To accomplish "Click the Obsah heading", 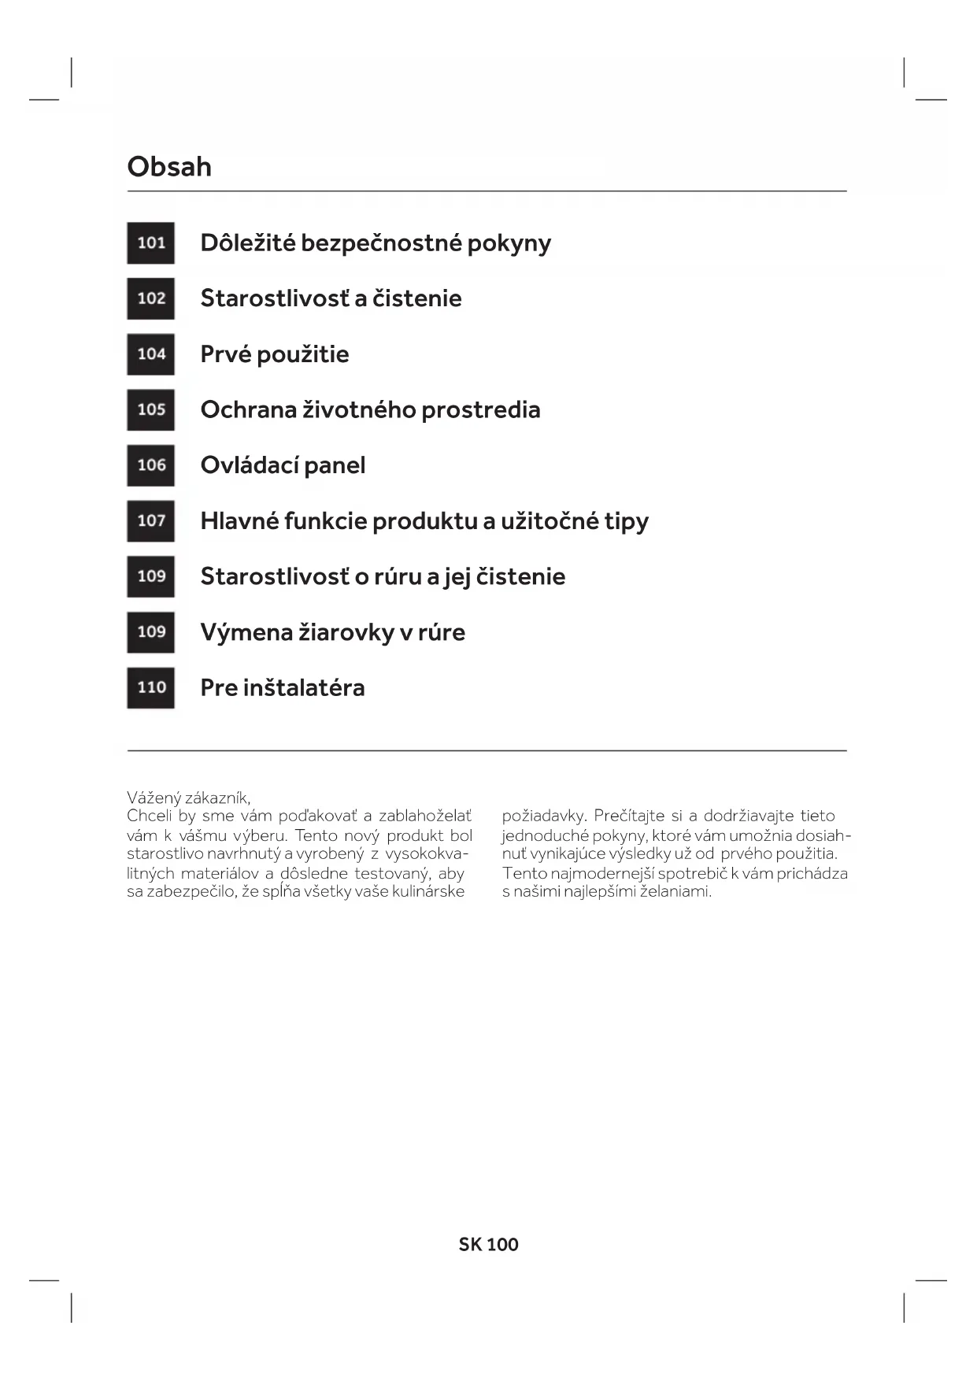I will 169,167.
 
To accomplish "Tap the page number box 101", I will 151,243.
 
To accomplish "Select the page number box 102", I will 151,298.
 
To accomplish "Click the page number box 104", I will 151,354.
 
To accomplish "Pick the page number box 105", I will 151,409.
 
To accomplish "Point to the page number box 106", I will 151,465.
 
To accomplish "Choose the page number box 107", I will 151,520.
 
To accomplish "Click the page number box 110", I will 151,687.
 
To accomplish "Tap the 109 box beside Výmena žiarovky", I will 151,631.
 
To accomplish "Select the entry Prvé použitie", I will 275,354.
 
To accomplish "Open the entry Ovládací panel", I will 283,465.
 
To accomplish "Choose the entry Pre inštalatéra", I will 283,687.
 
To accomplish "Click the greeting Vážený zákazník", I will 189,798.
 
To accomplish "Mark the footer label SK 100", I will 488,1245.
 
